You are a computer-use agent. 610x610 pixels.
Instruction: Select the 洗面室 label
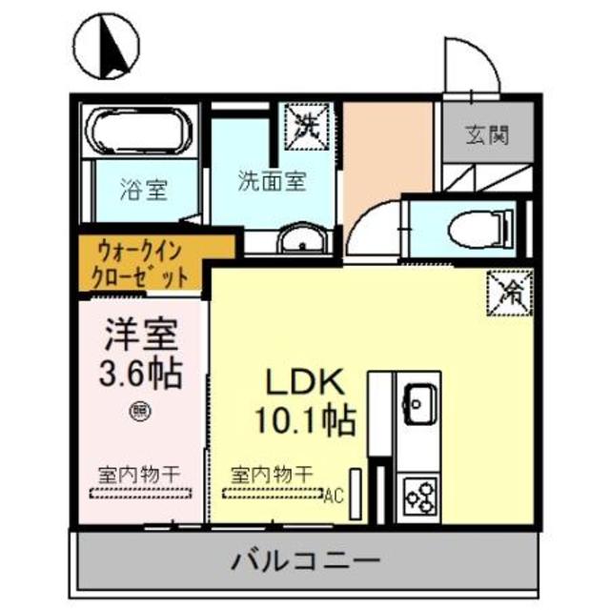[272, 181]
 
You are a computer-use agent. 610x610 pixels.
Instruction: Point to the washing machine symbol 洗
[304, 123]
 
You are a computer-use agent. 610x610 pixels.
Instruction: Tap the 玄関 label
[486, 134]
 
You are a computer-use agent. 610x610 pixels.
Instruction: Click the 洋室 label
[142, 337]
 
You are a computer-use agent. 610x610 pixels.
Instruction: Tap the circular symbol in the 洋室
[138, 412]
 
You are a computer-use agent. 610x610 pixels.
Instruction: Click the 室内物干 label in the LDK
[273, 473]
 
